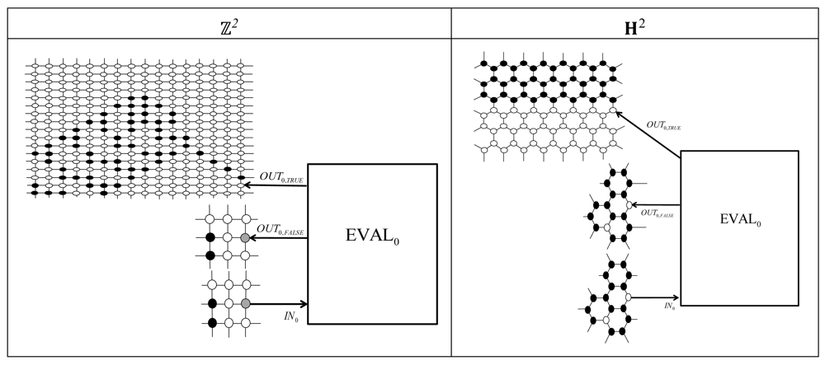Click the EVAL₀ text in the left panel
click(x=372, y=241)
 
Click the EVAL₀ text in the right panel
click(x=740, y=222)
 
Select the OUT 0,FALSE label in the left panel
click(x=281, y=231)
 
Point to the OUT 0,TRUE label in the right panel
click(x=663, y=124)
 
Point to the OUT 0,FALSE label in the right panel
click(x=658, y=214)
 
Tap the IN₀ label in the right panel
click(x=671, y=305)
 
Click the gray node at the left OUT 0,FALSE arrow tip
click(x=246, y=238)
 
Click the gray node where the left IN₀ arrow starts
click(x=246, y=304)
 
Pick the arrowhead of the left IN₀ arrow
click(x=304, y=304)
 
